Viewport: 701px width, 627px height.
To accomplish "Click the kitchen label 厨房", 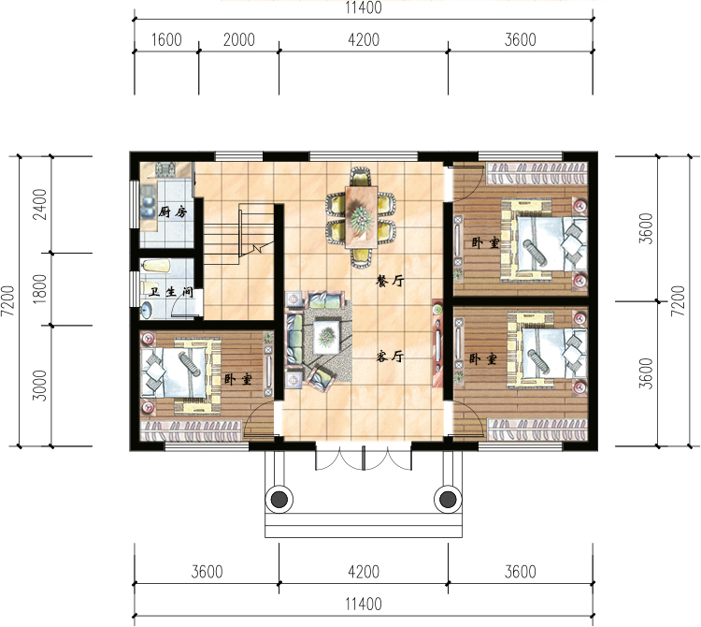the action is coord(173,211).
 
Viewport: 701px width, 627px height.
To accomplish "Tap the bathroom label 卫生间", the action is coord(171,292).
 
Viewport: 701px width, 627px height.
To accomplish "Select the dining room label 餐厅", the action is coord(391,281).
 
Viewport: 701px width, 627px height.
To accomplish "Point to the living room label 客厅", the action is coord(391,357).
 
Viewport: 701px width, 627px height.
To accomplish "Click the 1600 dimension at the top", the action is coord(166,40).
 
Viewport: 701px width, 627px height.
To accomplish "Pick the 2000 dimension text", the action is coord(239,40).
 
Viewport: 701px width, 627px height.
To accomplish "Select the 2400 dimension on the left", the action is coord(40,205).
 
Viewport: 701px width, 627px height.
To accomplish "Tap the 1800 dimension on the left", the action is coord(40,289).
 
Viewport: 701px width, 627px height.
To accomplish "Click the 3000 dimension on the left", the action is coord(40,386).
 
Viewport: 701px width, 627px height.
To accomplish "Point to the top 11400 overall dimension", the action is coord(364,7).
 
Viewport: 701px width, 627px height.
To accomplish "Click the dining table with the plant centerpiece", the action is coord(361,217).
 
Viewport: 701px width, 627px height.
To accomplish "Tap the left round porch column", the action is coord(279,499).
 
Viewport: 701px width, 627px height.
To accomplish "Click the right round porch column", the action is coord(448,499).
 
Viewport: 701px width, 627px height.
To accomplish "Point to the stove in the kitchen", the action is coord(165,169).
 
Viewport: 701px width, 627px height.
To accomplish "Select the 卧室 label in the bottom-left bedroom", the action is coord(237,380).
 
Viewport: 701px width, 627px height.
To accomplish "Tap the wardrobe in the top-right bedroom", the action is coord(536,174).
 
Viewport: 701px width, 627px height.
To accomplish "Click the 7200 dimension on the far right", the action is coord(679,300).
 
